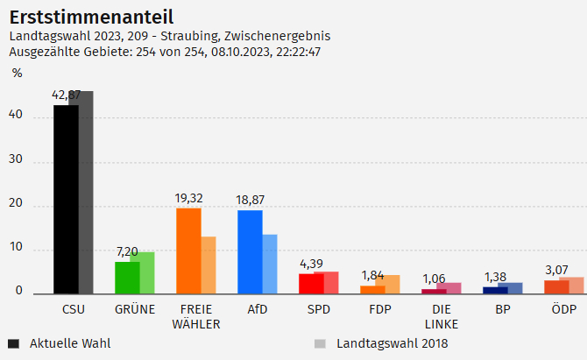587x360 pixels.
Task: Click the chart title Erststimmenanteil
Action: [x=90, y=17]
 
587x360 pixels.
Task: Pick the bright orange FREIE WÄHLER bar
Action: [x=188, y=251]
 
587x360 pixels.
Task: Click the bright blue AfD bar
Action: [x=250, y=251]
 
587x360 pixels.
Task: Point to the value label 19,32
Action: [x=189, y=199]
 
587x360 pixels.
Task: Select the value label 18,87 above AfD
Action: [x=251, y=201]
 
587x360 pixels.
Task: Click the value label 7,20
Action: [x=127, y=252]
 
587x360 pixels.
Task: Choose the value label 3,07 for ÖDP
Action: [x=557, y=269]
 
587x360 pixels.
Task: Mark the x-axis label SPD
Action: [x=319, y=310]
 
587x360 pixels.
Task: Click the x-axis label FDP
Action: [x=380, y=310]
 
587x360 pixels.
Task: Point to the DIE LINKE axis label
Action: [x=442, y=317]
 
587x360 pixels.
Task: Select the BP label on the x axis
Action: [x=503, y=310]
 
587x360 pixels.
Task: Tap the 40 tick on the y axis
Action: [x=15, y=117]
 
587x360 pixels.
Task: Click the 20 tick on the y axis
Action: [x=15, y=206]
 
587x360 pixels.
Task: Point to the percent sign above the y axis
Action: [x=17, y=73]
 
